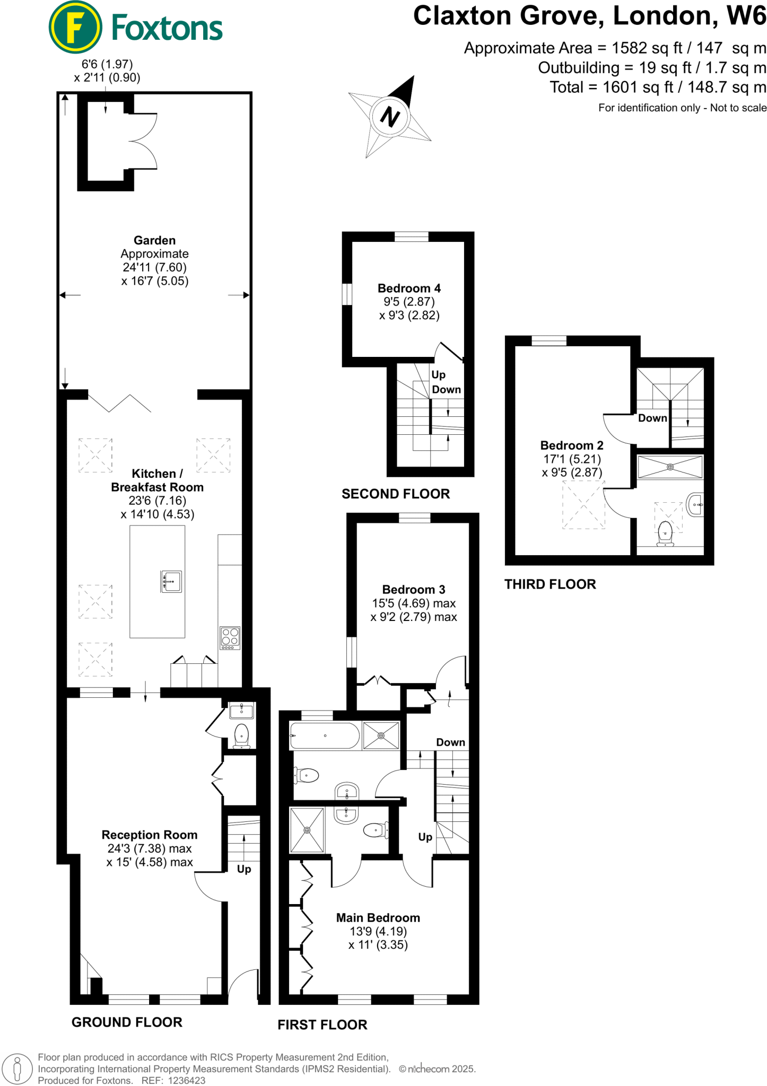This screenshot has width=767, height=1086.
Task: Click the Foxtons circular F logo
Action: coord(75,27)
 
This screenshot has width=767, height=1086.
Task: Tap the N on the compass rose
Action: coord(390,117)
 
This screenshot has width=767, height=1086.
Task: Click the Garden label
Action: coord(154,240)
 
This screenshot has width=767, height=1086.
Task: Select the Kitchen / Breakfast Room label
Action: coord(157,480)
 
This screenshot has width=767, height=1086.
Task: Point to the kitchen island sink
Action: coord(171,581)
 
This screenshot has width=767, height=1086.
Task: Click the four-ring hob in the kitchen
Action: coord(230,638)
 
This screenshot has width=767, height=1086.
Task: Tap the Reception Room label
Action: coord(150,835)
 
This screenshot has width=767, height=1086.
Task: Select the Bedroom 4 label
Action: coord(409,288)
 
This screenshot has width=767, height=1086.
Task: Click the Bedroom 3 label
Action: coord(414,590)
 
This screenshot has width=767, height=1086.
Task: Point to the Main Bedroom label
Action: coord(378,918)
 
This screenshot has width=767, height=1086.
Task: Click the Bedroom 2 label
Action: coord(572,445)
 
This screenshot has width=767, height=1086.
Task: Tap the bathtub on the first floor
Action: coord(325,735)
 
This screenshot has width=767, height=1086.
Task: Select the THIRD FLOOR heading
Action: coord(550,584)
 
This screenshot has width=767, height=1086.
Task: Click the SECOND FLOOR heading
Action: coord(396,494)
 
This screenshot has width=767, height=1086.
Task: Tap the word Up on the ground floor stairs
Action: coord(244,869)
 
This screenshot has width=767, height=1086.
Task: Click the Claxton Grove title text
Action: coord(508,16)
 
